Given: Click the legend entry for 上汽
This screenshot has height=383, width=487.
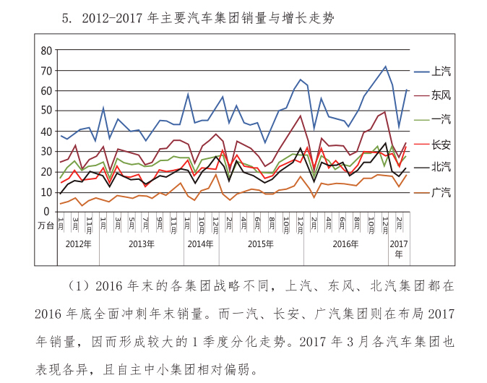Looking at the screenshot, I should [x=441, y=72].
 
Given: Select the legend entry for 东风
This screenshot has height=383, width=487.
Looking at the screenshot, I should [x=441, y=95].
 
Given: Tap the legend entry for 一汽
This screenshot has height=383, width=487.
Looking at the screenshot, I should [x=441, y=119].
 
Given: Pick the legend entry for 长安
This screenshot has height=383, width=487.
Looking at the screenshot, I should [x=441, y=143].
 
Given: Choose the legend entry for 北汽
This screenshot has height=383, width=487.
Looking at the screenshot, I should [x=441, y=167].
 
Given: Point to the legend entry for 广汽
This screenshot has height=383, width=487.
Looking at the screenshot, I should [x=441, y=191].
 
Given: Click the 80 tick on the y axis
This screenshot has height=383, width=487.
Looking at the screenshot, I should [x=46, y=51].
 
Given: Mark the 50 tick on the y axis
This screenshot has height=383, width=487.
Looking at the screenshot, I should [x=46, y=111].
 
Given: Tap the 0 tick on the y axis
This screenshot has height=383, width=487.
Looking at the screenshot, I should [x=49, y=211].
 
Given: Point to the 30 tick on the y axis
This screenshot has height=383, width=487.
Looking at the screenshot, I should [x=46, y=151].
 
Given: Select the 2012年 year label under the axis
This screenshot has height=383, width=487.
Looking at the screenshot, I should [x=78, y=244].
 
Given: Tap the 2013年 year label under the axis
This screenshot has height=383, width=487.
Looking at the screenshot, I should [x=142, y=244].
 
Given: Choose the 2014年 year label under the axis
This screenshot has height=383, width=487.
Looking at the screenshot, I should [x=201, y=244].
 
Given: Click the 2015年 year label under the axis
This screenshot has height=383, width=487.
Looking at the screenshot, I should [x=261, y=244].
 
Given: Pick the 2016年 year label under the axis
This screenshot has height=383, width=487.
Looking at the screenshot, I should [x=345, y=244].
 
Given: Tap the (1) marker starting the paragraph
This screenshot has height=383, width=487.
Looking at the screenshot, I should [x=77, y=286].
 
